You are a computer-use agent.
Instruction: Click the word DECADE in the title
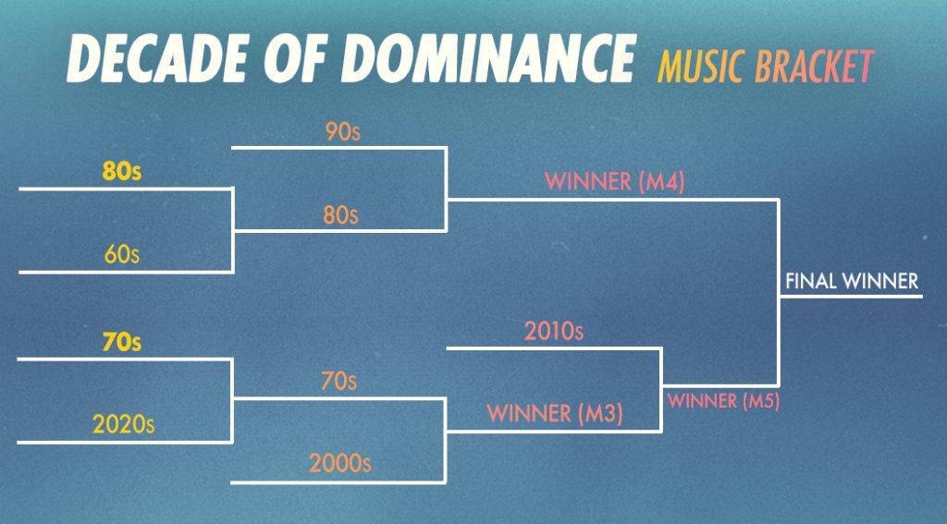[157, 58]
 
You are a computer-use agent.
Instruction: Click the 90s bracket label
[342, 131]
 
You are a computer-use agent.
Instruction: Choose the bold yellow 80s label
[121, 172]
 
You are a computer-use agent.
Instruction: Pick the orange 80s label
[340, 215]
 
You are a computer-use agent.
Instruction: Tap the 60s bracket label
[121, 255]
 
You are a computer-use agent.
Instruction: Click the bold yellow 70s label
[121, 342]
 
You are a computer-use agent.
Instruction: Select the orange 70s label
[338, 382]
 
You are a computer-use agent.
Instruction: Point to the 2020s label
[123, 424]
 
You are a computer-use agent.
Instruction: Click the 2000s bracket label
[339, 464]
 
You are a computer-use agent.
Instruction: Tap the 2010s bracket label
[554, 332]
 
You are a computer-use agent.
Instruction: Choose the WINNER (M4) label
[614, 182]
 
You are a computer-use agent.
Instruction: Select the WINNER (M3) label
[555, 413]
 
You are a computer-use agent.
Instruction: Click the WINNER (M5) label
[723, 401]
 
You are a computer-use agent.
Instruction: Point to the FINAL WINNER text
[852, 281]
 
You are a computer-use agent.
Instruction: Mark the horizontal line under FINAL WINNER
[851, 297]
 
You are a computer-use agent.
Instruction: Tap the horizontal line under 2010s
[554, 348]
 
